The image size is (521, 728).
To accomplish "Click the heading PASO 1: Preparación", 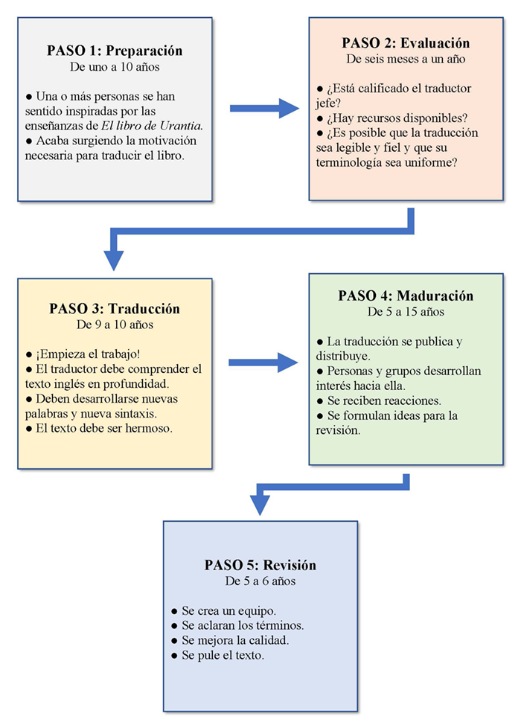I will point(115,51).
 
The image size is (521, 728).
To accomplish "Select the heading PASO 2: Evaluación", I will point(406,42).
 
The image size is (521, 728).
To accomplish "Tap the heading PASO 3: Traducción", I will point(115,309).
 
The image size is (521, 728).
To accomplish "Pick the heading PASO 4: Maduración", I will point(406,296).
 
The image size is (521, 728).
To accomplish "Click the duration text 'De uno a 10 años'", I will point(115,67).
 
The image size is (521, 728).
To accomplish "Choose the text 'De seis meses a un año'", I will point(406,58).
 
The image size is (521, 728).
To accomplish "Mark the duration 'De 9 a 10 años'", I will point(115,325).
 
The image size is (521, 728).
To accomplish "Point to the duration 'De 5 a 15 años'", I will point(406,311).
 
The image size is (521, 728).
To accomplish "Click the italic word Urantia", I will point(181,126).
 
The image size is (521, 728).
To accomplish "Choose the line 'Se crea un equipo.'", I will point(226,611).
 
